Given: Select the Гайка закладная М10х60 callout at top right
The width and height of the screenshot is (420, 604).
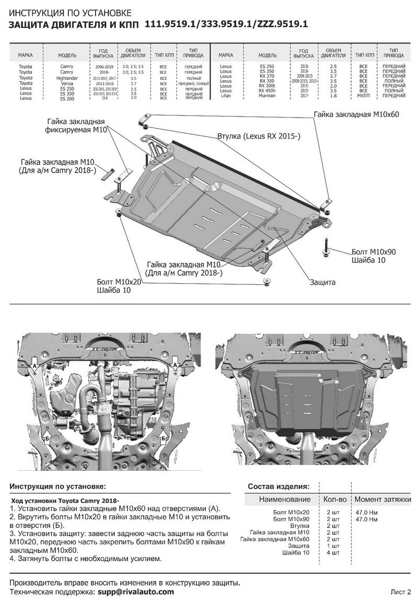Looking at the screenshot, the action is point(356,114).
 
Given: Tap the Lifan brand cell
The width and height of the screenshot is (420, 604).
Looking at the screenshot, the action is point(226,96).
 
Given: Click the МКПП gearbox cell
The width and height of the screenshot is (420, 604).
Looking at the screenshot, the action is point(364,96).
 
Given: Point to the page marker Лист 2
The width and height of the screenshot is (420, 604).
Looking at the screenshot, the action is point(401,591).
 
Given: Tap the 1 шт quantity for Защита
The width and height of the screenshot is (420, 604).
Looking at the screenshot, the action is point(333,545).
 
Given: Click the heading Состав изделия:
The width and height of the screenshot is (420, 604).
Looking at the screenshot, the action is point(278,486).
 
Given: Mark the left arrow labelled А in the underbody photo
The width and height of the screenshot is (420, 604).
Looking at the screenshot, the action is point(34,367).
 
